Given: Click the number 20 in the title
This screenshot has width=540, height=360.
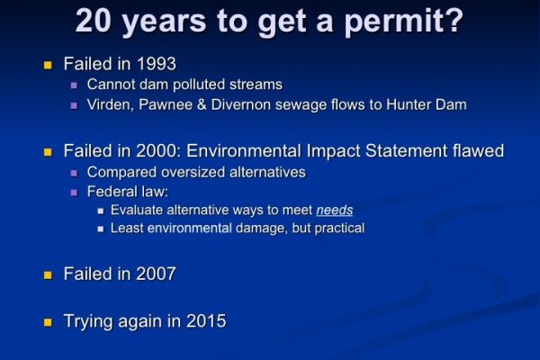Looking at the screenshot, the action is (x=94, y=21).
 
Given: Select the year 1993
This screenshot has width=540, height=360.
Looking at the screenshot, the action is (x=157, y=64).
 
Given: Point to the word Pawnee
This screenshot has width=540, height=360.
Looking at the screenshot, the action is (x=166, y=104).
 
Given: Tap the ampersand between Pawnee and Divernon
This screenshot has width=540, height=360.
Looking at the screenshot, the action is (x=202, y=104).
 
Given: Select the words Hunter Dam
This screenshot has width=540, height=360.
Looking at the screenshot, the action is (x=427, y=104).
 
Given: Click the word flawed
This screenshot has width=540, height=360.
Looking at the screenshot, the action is (x=479, y=151).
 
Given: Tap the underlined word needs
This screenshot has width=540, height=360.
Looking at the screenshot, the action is (x=335, y=210).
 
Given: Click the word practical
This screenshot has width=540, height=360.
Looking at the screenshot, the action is (x=339, y=229).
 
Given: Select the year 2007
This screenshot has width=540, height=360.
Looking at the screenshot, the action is (x=156, y=274).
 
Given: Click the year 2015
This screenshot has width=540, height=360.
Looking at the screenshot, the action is (x=206, y=321).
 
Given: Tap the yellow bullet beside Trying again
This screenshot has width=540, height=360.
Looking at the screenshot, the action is (x=48, y=322).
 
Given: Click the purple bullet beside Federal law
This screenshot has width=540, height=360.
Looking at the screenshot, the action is (x=74, y=193).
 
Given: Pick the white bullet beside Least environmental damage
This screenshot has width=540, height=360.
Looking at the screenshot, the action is (x=101, y=229).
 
